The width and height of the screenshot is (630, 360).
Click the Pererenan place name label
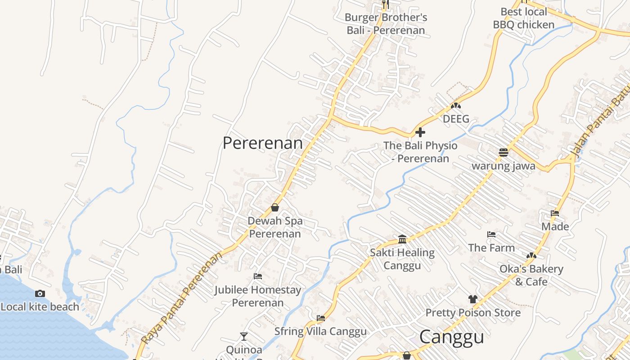[263, 143]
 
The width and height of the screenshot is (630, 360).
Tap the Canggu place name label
[451, 337]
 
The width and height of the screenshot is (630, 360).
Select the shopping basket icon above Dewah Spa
[274, 207]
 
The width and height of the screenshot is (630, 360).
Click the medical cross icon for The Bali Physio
[420, 132]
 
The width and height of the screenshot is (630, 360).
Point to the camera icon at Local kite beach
[40, 293]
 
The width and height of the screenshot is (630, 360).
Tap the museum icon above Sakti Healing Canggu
[402, 239]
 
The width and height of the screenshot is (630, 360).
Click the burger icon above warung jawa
[503, 153]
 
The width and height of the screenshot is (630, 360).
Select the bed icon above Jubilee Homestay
[258, 276]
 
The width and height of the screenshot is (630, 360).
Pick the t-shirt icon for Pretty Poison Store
[472, 299]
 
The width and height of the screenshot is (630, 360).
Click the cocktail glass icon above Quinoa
[243, 336]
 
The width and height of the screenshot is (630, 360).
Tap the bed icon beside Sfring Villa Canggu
[320, 318]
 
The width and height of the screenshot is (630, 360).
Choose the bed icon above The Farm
[491, 234]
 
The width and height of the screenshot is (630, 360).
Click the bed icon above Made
[555, 213]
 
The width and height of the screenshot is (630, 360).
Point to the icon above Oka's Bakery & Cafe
[531, 256]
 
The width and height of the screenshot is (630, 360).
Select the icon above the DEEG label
[456, 106]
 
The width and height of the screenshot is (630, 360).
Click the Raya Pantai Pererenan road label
[182, 298]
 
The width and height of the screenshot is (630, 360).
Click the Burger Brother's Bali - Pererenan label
[386, 24]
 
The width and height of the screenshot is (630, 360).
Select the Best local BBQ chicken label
[524, 18]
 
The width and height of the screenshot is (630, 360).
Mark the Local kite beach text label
[40, 307]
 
